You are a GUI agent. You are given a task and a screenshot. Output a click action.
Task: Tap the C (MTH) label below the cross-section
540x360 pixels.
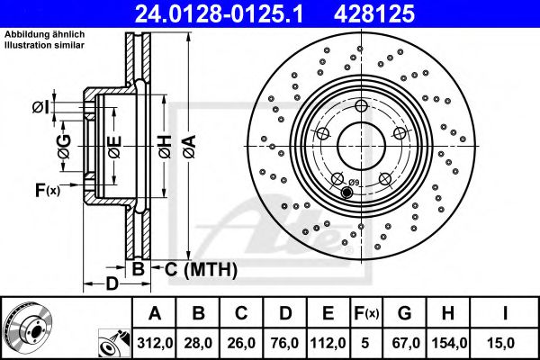click(201, 268)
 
